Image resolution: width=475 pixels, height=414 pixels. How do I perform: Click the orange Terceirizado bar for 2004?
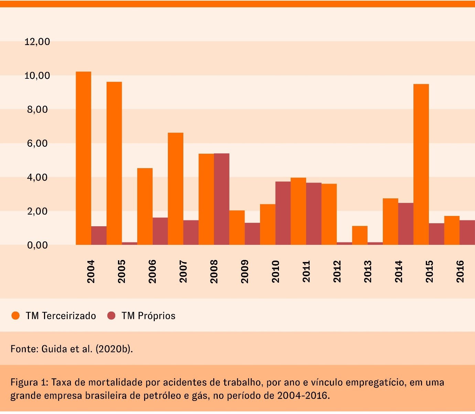tap(83, 158)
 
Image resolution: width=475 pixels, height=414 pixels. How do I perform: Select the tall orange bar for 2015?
tap(421, 164)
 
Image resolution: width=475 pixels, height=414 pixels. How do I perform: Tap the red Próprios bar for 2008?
tap(222, 199)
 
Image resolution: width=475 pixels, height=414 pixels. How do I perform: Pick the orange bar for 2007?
tap(175, 189)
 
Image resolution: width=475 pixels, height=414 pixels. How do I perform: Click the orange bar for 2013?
tap(360, 235)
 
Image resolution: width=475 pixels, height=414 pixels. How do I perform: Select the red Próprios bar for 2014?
tap(406, 224)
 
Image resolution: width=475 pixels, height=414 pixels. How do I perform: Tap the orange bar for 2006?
tap(145, 206)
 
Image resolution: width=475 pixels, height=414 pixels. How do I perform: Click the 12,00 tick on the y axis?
tap(37, 42)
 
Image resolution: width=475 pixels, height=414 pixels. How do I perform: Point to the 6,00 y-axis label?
tap(37, 144)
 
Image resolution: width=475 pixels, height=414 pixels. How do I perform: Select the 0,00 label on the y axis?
tap(37, 245)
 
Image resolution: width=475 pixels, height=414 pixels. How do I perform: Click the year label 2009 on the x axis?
tap(245, 272)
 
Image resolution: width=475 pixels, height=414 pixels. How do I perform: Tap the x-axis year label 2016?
tap(460, 272)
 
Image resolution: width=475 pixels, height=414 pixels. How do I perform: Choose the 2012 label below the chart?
tap(337, 272)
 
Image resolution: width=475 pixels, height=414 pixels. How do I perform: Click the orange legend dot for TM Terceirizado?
tap(15, 316)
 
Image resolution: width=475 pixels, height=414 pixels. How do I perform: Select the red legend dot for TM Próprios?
tap(111, 316)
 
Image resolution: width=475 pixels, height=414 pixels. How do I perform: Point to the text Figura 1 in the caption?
tap(29, 382)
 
